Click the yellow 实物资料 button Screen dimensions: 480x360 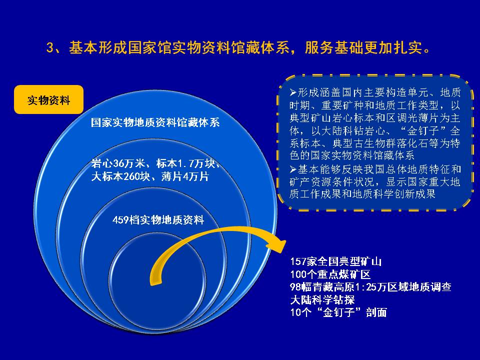48,99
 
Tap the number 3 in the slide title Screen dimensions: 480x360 50,48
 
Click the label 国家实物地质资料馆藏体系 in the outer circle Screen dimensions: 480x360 155,122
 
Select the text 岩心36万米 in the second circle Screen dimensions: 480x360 118,164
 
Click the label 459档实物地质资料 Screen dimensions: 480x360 158,220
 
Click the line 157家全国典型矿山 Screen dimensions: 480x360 336,261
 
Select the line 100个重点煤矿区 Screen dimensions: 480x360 330,274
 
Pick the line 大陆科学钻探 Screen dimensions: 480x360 322,299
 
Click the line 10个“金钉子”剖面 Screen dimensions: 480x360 338,312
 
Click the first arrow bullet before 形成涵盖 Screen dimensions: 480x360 293,92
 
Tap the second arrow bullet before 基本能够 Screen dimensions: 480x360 293,169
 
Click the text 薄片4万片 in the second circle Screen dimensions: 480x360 184,176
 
